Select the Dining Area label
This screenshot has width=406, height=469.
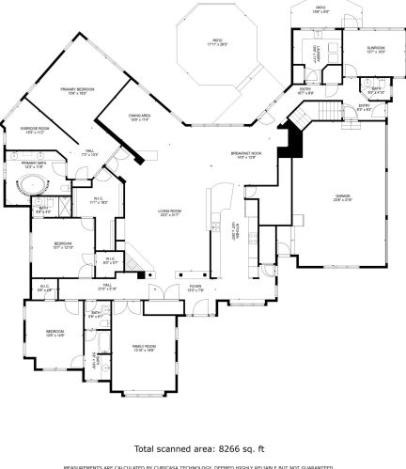pyautogui.click(x=140, y=117)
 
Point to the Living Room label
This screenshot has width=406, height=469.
pyautogui.click(x=169, y=211)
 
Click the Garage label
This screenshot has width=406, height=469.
pyautogui.click(x=342, y=197)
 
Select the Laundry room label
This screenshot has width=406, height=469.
pyautogui.click(x=316, y=54)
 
